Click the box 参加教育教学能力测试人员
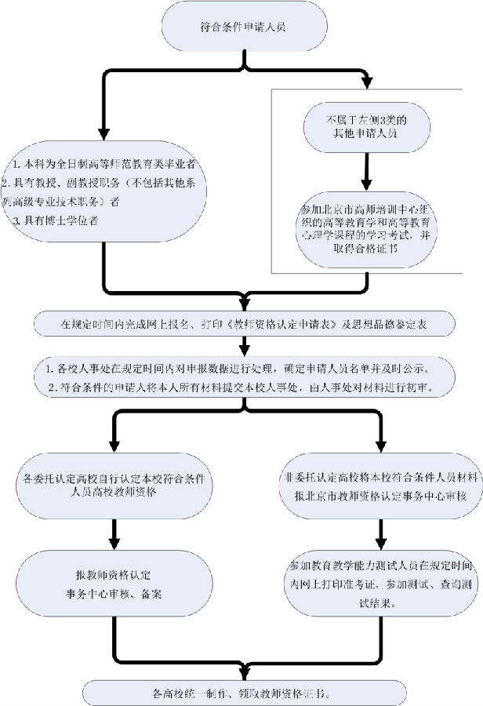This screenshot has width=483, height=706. coord(379,584)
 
